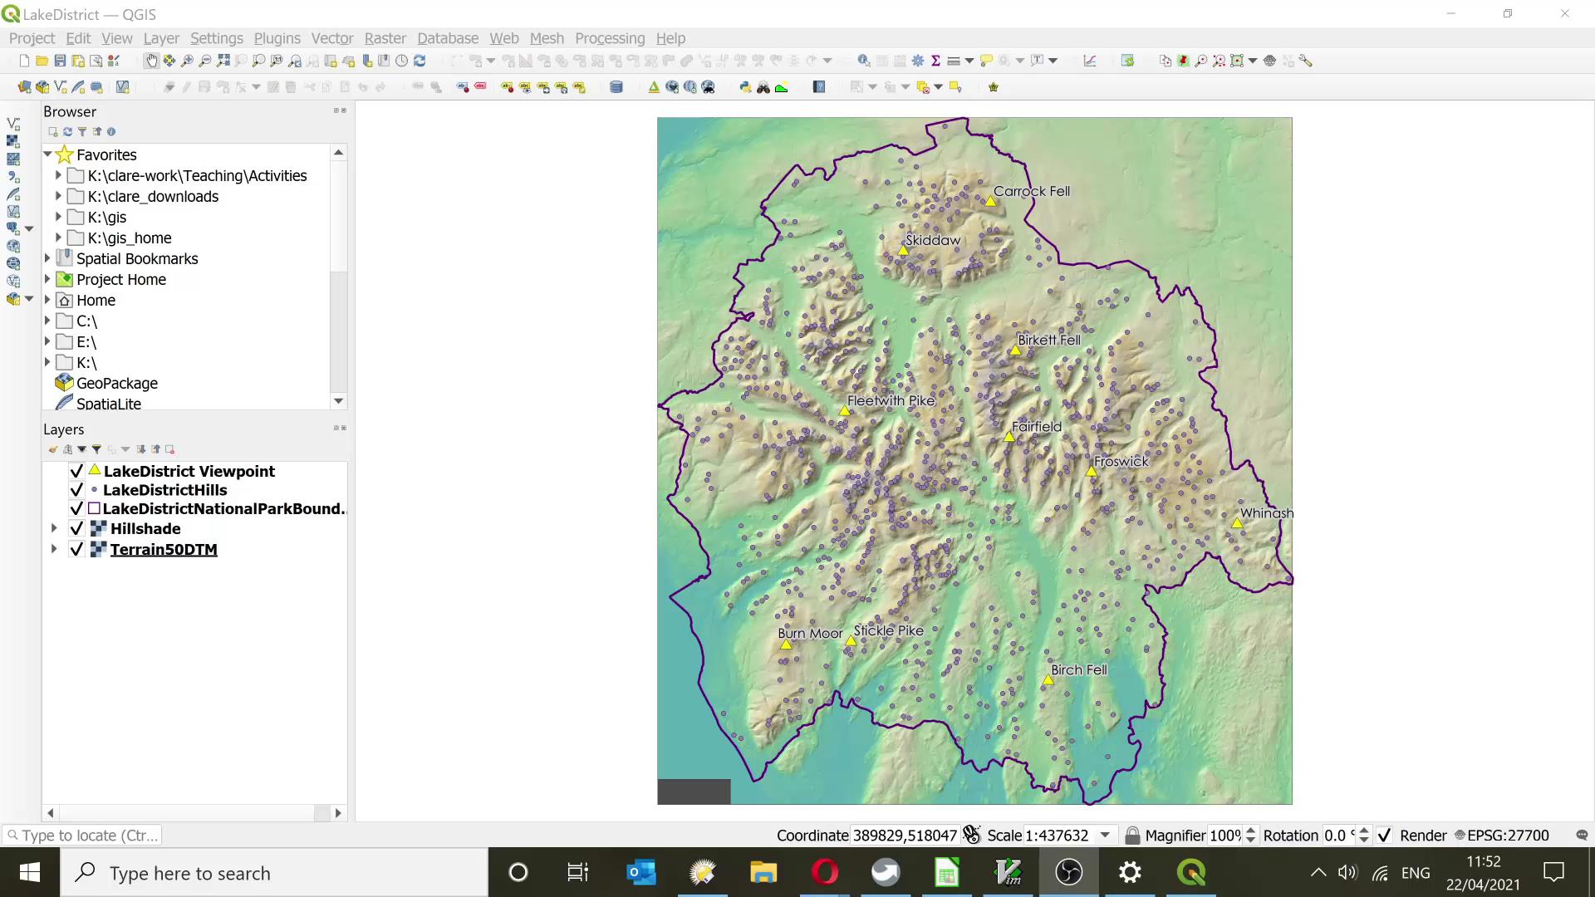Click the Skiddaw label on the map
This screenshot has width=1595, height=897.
[932, 240]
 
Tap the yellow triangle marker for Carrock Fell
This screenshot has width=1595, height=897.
[990, 202]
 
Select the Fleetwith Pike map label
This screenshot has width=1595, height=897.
[891, 400]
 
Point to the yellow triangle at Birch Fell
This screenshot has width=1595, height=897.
[1048, 680]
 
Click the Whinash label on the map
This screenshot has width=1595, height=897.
[1266, 513]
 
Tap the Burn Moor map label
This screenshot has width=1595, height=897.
[810, 633]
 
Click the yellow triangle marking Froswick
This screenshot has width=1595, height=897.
[1092, 472]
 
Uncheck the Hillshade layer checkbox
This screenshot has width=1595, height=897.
[76, 529]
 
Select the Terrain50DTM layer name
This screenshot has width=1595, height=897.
[164, 550]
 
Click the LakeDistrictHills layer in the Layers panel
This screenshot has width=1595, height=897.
[164, 490]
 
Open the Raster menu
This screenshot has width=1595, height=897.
[385, 38]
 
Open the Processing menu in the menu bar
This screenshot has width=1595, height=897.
[609, 38]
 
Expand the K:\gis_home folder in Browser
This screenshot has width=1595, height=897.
[58, 238]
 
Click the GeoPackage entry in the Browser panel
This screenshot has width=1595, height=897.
[116, 383]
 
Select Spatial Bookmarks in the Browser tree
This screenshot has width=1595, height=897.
[137, 258]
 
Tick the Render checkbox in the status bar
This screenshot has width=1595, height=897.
[1384, 836]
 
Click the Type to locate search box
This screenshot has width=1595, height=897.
[83, 836]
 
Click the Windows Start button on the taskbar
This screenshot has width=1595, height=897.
[30, 873]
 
